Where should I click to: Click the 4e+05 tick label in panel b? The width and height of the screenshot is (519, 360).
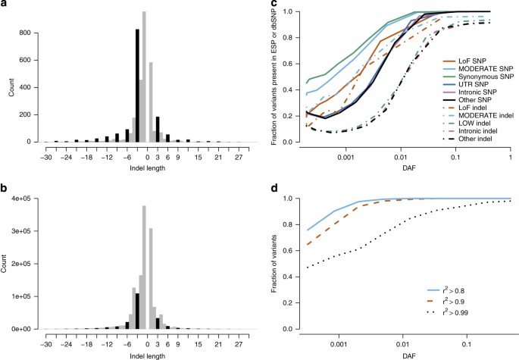point(17,199)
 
